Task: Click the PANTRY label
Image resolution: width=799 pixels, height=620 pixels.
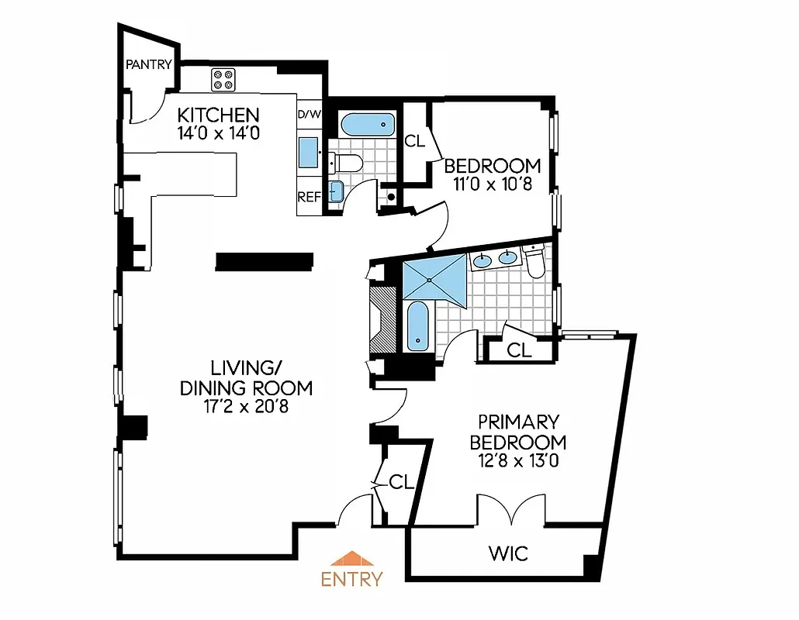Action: pyautogui.click(x=149, y=65)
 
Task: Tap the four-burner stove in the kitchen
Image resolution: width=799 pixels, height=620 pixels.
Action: pyautogui.click(x=223, y=80)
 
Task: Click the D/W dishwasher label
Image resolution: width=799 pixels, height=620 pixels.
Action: pyautogui.click(x=309, y=115)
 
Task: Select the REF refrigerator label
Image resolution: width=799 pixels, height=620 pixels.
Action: pyautogui.click(x=309, y=197)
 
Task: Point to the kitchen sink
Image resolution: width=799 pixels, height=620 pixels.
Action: pyautogui.click(x=308, y=152)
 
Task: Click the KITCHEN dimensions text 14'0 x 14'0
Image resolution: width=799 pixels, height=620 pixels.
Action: pyautogui.click(x=217, y=133)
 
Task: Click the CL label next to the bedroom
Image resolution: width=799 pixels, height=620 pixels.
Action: pyautogui.click(x=414, y=141)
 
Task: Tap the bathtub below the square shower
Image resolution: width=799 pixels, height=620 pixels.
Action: pyautogui.click(x=417, y=325)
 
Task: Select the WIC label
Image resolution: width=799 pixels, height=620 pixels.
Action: pyautogui.click(x=508, y=553)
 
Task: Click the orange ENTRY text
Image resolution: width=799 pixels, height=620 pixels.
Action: pyautogui.click(x=351, y=579)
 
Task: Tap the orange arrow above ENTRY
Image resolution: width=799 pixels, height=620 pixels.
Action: pyautogui.click(x=351, y=559)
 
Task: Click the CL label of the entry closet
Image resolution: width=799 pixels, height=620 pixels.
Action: pyautogui.click(x=401, y=483)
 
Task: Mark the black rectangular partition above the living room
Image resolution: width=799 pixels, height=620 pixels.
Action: pyautogui.click(x=264, y=262)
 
